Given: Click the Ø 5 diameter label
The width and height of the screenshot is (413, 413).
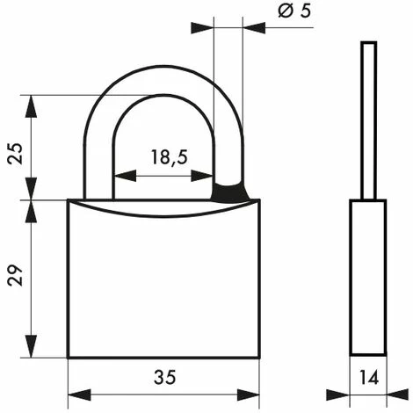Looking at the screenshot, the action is [294, 11].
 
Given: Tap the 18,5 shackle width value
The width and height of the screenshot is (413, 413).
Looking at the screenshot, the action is [170, 157].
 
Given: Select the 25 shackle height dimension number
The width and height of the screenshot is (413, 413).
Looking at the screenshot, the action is [15, 154].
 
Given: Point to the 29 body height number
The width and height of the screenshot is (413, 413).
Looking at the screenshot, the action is [15, 275].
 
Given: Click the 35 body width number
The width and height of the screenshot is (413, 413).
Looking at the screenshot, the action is [165, 377].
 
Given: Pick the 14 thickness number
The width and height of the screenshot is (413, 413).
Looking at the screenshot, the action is [369, 377].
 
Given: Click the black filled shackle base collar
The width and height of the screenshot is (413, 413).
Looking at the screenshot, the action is [230, 192].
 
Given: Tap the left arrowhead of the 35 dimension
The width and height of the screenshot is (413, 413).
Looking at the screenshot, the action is [79, 395].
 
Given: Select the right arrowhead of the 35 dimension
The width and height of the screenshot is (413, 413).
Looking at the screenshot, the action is [248, 395].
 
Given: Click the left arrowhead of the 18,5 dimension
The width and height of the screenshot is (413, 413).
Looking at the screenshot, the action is [125, 176].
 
